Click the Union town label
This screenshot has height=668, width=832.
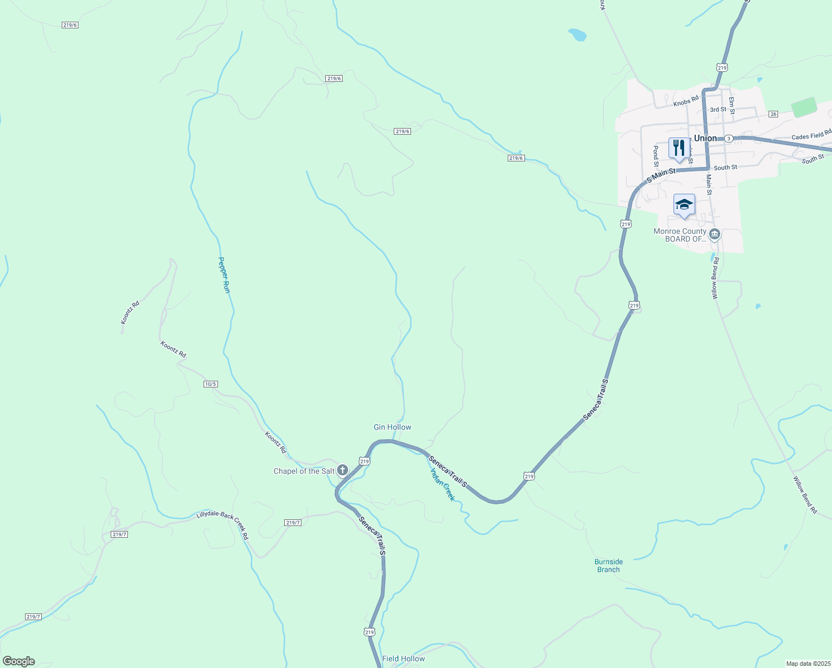705,138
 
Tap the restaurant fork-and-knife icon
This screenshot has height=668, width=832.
678,148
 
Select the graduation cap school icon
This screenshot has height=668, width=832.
684,205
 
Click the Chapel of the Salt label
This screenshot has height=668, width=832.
304,471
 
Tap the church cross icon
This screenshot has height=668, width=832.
343,470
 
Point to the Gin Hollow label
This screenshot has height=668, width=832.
392,427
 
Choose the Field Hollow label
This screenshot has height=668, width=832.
403,659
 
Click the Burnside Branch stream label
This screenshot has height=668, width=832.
608,566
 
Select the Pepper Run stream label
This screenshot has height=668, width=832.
224,275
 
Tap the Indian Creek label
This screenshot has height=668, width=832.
443,484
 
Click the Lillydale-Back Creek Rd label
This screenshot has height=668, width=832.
222,525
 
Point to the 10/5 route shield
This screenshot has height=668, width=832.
210,384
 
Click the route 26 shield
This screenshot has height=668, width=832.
773,114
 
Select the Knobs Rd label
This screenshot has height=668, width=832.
685,101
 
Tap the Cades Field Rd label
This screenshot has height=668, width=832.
811,135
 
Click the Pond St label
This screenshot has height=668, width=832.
656,156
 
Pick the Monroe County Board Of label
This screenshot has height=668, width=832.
680,235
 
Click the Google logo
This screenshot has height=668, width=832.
18,661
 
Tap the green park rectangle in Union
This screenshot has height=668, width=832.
804,107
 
